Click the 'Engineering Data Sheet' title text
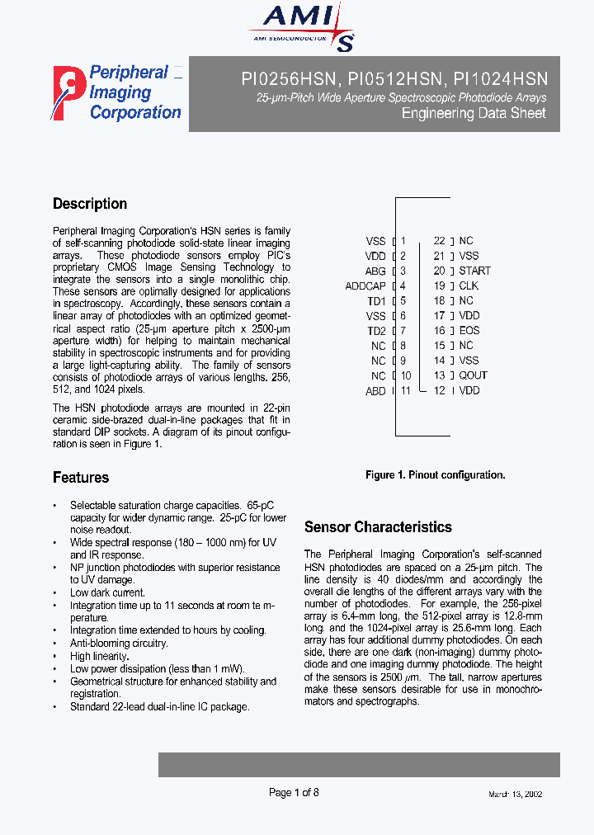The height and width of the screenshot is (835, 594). tap(474, 113)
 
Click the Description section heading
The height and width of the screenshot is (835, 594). tap(90, 204)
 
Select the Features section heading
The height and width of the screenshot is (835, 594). tap(81, 477)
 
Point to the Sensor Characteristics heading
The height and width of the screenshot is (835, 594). tap(378, 526)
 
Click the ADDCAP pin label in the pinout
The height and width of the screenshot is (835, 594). tap(365, 286)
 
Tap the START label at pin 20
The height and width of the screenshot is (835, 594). tap(474, 271)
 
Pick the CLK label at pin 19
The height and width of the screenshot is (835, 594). tap(469, 285)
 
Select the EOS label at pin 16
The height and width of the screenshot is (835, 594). tap(469, 330)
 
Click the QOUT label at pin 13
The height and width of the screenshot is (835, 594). tap(474, 375)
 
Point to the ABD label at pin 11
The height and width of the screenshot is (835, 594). tap(375, 391)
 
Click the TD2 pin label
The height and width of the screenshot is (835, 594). tap(376, 331)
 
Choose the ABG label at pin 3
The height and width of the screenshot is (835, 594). tap(375, 271)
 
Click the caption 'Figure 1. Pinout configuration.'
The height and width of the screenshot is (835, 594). tap(435, 474)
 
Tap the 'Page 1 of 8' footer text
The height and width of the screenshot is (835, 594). tap(294, 793)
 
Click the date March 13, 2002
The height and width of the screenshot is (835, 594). tap(515, 794)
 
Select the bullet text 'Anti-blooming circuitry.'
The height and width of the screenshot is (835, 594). tap(119, 643)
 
